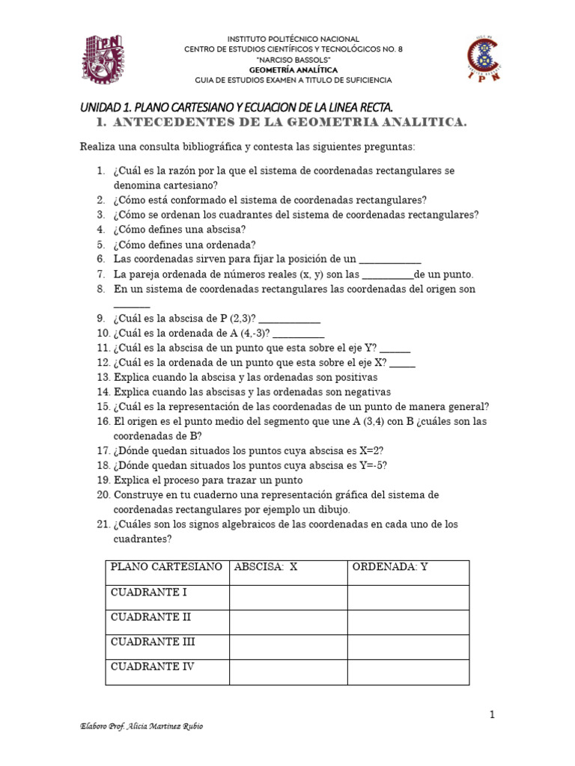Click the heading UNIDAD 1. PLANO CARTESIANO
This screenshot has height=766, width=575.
click(x=237, y=108)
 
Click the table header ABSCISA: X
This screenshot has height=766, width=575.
click(x=266, y=567)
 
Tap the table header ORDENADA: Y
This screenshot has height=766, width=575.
click(x=390, y=567)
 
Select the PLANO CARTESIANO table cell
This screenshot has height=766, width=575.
click(x=166, y=567)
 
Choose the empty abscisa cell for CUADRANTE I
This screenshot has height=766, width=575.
click(x=287, y=597)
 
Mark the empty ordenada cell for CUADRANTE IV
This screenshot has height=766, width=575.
click(x=408, y=671)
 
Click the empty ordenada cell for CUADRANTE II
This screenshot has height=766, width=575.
click(x=408, y=622)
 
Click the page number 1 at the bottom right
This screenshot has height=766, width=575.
click(x=492, y=715)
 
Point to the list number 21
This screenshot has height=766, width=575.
click(x=103, y=524)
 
